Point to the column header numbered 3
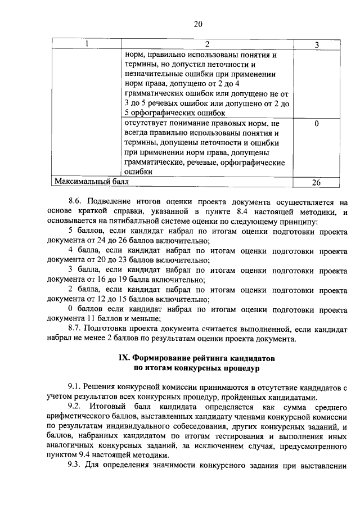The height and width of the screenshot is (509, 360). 317,44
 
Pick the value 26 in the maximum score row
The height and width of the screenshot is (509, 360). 317,183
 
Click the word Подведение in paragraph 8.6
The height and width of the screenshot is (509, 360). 116,201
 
